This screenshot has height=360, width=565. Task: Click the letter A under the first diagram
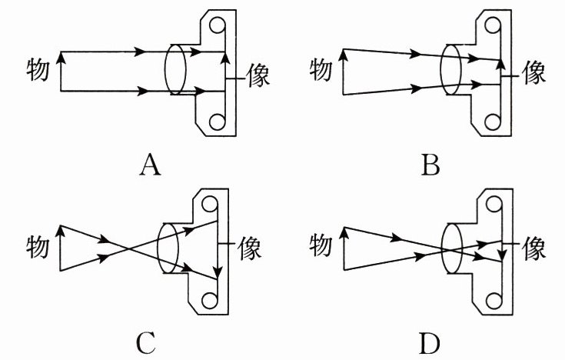coord(151,164)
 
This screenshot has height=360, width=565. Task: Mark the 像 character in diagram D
coord(533,248)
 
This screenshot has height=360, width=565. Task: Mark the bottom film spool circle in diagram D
coord(494,299)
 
